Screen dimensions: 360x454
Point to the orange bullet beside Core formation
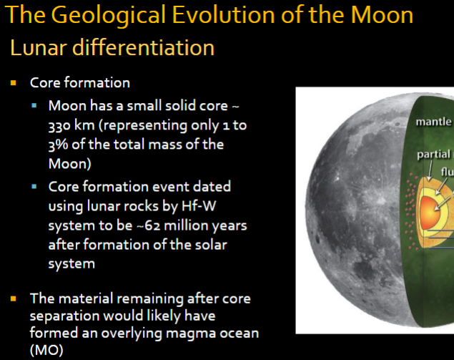(x=14, y=83)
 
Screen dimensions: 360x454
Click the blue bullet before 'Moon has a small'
(x=35, y=106)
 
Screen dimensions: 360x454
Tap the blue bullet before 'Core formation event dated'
(x=35, y=187)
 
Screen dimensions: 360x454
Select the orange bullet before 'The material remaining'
(x=14, y=298)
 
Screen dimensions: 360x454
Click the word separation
(x=62, y=316)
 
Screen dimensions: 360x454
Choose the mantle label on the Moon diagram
(x=433, y=122)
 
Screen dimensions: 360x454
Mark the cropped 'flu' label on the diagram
(x=446, y=171)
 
